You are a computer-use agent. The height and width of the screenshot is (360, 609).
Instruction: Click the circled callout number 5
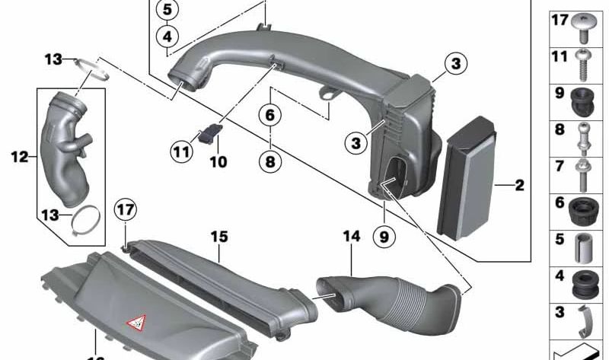tap(168, 10)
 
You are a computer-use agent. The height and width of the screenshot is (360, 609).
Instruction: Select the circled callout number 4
tap(168, 35)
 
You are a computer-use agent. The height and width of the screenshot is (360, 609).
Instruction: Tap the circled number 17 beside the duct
tap(124, 209)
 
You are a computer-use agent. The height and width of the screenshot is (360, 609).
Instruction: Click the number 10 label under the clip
tap(218, 161)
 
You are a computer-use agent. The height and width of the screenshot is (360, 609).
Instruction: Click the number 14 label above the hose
tap(351, 237)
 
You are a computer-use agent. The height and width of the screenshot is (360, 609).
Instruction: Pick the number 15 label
tap(219, 237)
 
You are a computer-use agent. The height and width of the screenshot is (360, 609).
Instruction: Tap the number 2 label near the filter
tap(519, 185)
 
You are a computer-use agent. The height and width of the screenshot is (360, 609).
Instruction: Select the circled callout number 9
tap(384, 237)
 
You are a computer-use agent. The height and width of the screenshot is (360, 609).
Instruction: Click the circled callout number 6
tap(269, 115)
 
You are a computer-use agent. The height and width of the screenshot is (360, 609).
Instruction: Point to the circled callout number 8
tap(269, 161)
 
